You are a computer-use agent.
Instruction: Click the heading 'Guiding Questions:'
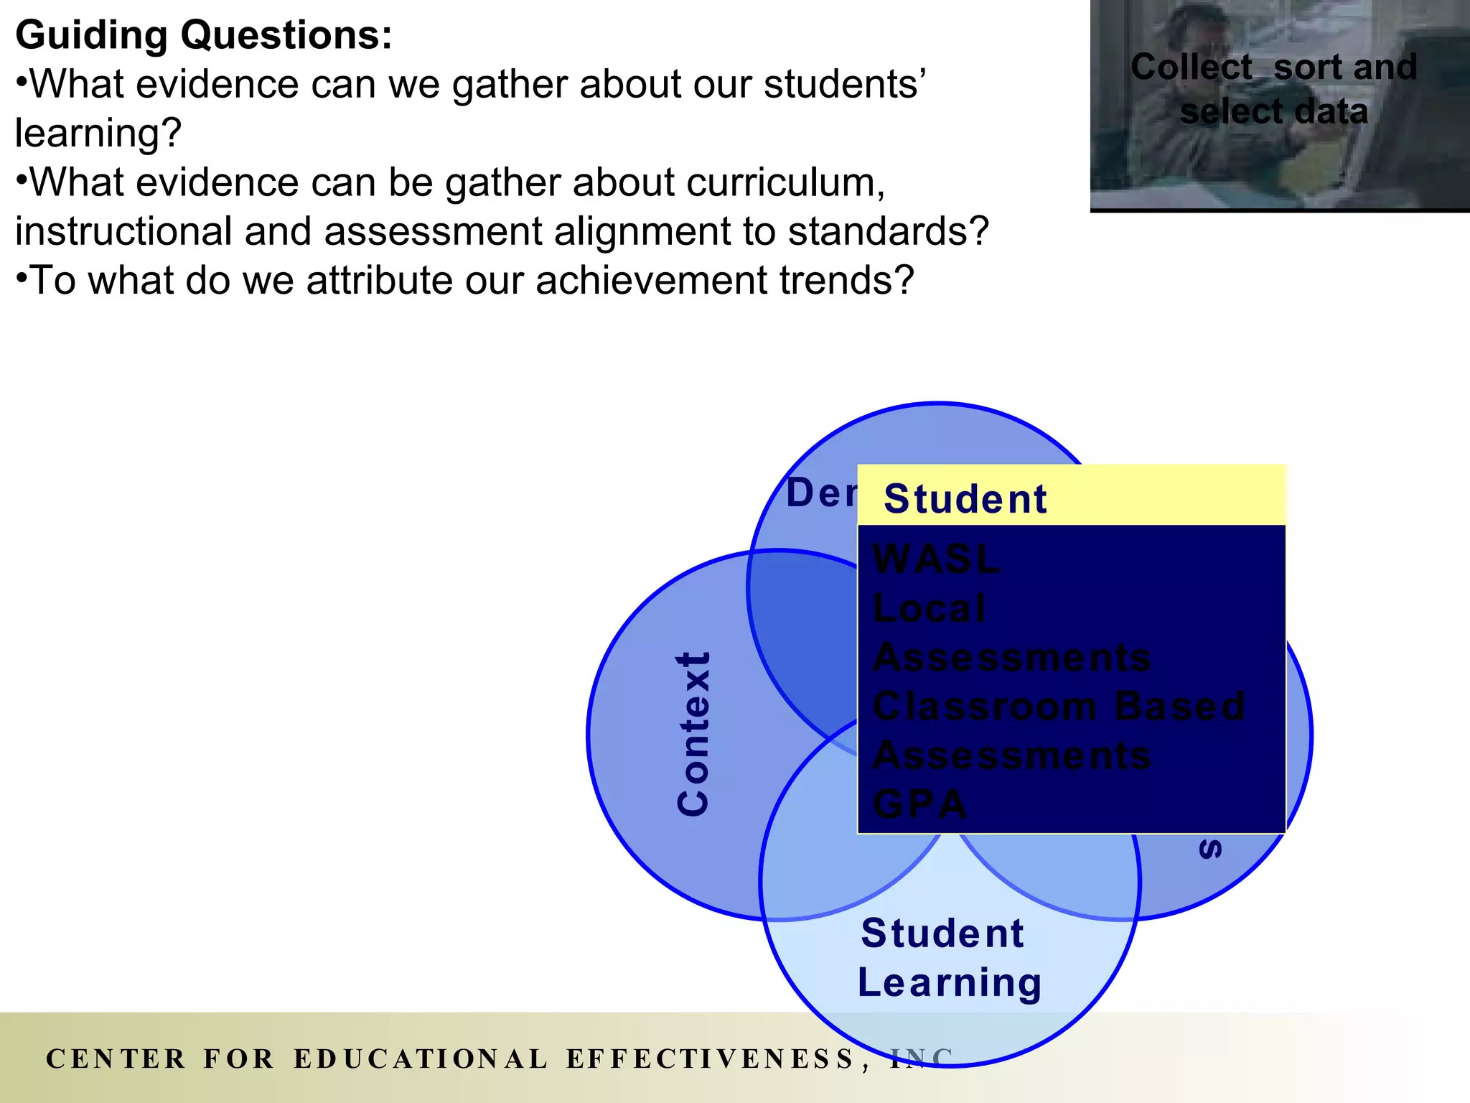[204, 35]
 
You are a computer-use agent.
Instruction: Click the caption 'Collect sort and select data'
[1274, 89]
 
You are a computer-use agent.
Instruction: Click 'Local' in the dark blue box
[930, 608]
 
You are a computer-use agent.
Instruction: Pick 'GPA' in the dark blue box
[920, 804]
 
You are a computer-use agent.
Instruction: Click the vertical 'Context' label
[693, 734]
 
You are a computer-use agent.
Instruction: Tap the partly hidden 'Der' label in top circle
[821, 493]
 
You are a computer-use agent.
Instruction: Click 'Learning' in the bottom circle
[949, 983]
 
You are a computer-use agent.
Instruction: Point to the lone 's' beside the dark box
[1210, 850]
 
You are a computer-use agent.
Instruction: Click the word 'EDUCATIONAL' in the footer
[421, 1059]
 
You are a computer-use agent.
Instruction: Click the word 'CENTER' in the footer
[116, 1059]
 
